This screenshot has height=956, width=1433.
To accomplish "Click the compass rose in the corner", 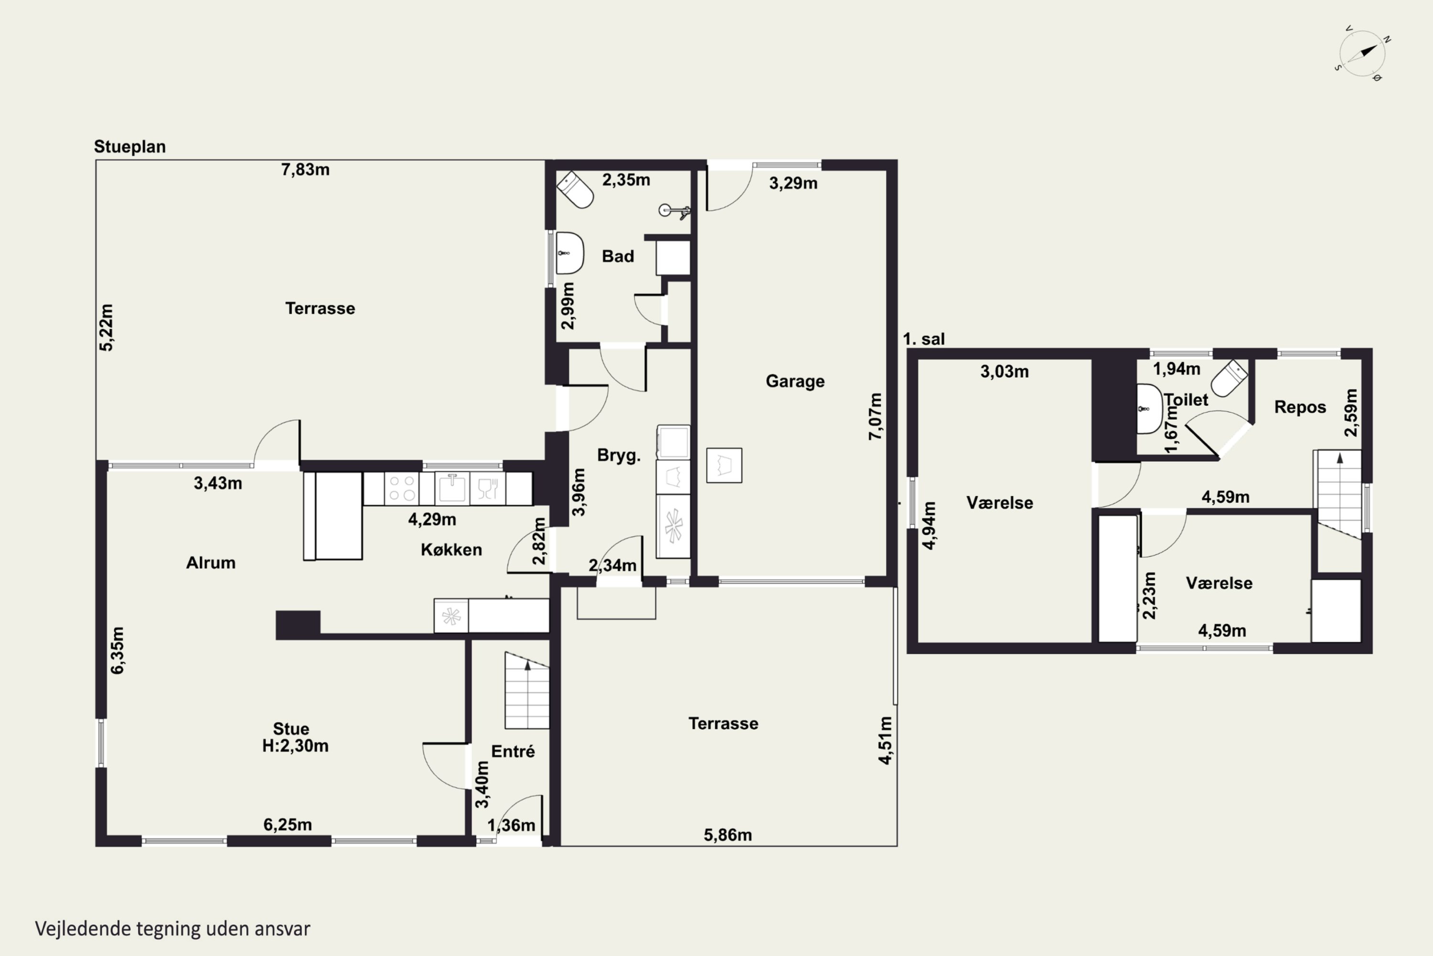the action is [x=1362, y=54].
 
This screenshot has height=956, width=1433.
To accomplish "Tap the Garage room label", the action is [x=795, y=381].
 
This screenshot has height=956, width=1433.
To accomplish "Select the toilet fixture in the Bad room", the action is [x=575, y=190].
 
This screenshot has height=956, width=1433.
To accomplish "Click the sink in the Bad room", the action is [x=570, y=253].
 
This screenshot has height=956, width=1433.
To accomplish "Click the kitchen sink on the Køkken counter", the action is [x=452, y=489].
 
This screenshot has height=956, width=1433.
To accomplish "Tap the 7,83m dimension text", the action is [x=305, y=170].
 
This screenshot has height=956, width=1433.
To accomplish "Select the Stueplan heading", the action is [x=130, y=147].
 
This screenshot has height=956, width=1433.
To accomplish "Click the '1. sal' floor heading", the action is [x=924, y=339].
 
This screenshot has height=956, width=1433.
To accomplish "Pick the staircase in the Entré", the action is [x=527, y=690].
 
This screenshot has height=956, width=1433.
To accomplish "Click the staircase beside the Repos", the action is [x=1339, y=494].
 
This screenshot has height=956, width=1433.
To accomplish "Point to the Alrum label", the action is [x=211, y=563].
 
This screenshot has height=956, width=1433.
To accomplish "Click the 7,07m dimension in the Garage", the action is [x=875, y=416].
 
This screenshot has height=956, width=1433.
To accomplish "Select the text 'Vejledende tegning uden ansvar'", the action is [x=172, y=929].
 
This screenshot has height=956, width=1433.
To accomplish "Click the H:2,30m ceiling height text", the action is [x=296, y=746].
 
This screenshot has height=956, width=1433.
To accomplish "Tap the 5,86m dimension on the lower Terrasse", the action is [x=728, y=835].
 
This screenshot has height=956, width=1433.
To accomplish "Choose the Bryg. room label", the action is [x=619, y=456].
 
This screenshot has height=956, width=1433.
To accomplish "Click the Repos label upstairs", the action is [x=1300, y=407].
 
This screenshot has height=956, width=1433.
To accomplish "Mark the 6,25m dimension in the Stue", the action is [x=288, y=825].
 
